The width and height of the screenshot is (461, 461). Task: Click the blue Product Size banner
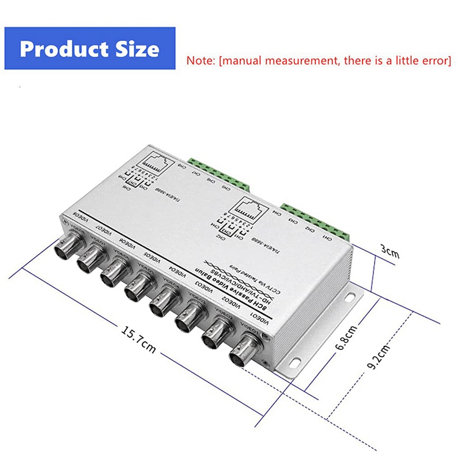89,48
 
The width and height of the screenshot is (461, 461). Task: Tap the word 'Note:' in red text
201,59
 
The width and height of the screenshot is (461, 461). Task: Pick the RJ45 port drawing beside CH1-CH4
253,208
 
